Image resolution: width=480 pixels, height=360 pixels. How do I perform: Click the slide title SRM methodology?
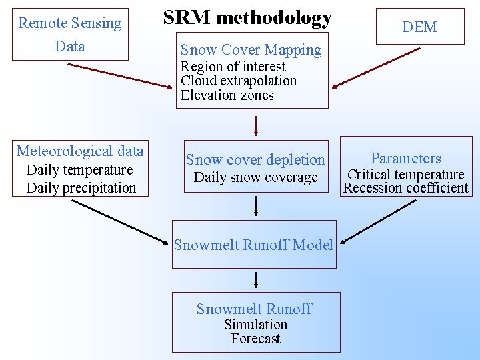[247, 18]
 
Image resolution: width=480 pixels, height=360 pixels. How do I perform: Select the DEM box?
[419, 27]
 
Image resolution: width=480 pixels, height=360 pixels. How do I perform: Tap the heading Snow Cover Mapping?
[251, 49]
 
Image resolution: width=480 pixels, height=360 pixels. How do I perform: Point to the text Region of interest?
[233, 67]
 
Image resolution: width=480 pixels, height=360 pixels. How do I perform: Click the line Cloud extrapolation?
[238, 81]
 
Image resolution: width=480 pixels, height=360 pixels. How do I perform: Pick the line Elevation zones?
[227, 95]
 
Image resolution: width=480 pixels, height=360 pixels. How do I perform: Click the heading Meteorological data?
[80, 151]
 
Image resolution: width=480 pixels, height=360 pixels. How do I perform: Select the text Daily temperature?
[79, 170]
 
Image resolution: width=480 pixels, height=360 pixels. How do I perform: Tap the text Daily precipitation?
[81, 188]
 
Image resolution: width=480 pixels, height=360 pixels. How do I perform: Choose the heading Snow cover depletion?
[255, 160]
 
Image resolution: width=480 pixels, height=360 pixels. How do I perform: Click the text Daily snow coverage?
[255, 178]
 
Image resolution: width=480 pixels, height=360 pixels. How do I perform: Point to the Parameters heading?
[406, 159]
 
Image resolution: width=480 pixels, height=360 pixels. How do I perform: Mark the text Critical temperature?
[405, 175]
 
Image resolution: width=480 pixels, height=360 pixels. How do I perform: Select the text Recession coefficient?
[405, 188]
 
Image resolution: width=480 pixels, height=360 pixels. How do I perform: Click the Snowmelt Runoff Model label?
[253, 245]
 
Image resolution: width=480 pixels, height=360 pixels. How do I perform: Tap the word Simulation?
[255, 325]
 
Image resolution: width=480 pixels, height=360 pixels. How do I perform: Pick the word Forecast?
[255, 339]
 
